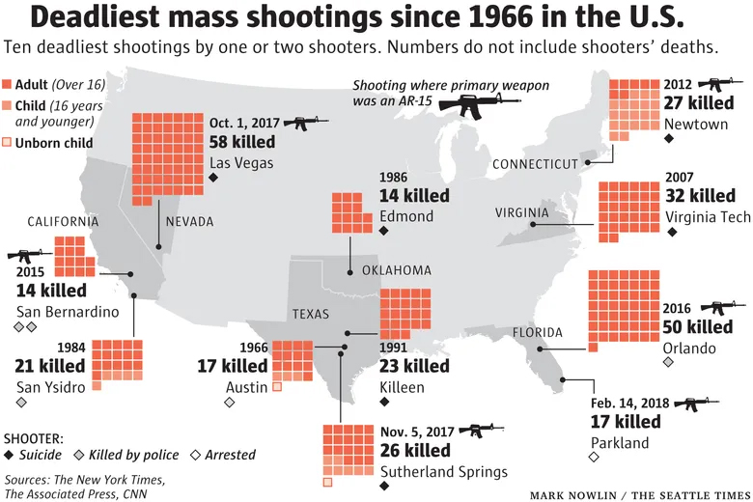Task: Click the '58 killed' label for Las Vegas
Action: pyautogui.click(x=249, y=142)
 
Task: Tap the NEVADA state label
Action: pyautogui.click(x=190, y=222)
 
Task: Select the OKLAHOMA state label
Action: pyautogui.click(x=397, y=270)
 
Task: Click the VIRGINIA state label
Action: pyautogui.click(x=521, y=212)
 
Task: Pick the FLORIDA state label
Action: pyautogui.click(x=537, y=332)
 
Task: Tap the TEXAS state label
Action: pyautogui.click(x=311, y=314)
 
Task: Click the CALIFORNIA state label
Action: pyautogui.click(x=63, y=221)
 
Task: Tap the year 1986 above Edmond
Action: pyautogui.click(x=394, y=179)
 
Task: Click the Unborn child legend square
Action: pyautogui.click(x=8, y=143)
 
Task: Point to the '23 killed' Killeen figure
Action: pyautogui.click(x=414, y=367)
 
